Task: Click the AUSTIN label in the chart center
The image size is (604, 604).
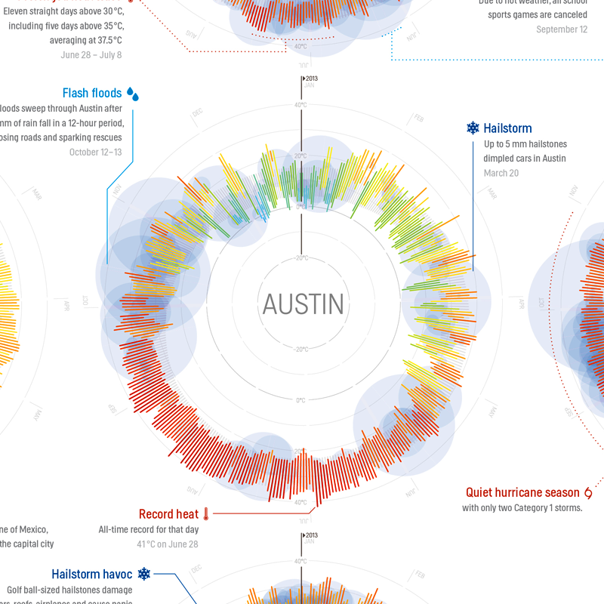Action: click(x=303, y=304)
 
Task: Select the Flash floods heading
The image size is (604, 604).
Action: click(x=91, y=94)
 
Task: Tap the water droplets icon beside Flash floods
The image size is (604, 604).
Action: click(x=133, y=94)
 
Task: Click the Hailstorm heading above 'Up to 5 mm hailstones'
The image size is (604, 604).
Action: click(x=507, y=128)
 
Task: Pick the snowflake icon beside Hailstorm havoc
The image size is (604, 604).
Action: click(x=143, y=574)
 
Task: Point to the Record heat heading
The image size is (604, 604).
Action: click(x=168, y=514)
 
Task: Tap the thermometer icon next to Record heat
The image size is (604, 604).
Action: click(x=205, y=514)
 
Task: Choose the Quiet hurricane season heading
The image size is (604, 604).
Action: click(x=522, y=492)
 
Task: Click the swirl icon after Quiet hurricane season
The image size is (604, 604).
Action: click(x=588, y=492)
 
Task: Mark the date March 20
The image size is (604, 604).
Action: click(x=500, y=173)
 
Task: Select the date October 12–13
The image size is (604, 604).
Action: click(x=95, y=152)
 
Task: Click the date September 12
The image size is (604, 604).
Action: click(x=562, y=29)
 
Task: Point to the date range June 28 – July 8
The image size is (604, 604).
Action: click(x=91, y=54)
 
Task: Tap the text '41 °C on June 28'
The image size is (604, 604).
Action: click(x=168, y=544)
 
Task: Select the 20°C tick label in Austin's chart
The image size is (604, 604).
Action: click(x=300, y=156)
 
